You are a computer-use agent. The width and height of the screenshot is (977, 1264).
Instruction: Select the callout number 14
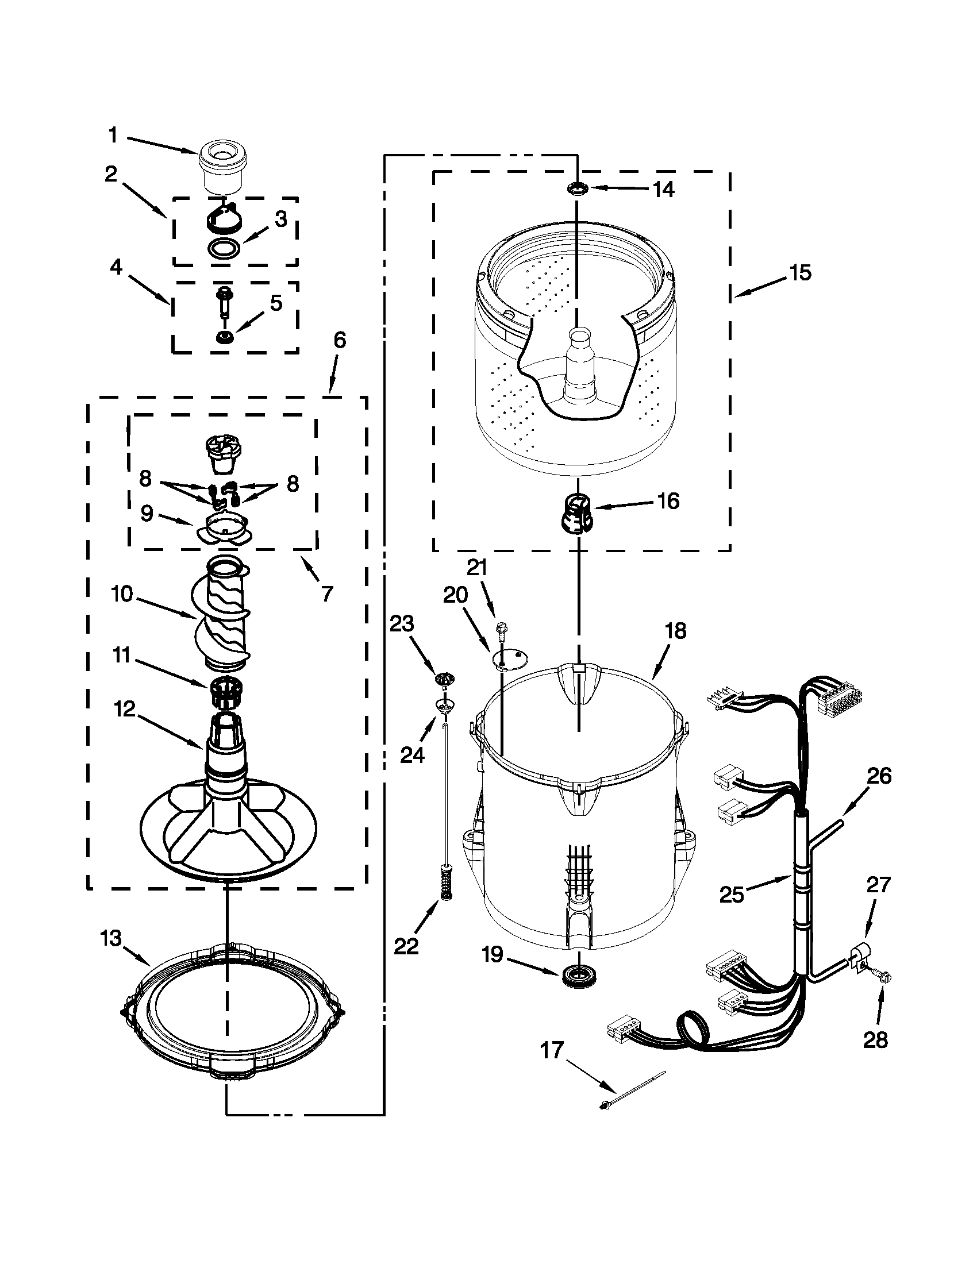click(x=664, y=189)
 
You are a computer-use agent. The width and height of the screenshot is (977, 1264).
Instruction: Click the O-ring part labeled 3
click(x=224, y=248)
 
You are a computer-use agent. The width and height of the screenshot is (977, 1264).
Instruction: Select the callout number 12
click(x=124, y=708)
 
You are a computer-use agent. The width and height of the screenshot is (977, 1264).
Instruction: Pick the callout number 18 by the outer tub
click(x=675, y=631)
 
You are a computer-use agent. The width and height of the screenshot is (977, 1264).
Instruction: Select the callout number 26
click(x=879, y=776)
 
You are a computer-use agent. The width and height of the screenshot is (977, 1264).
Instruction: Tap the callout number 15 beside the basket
click(x=801, y=272)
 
